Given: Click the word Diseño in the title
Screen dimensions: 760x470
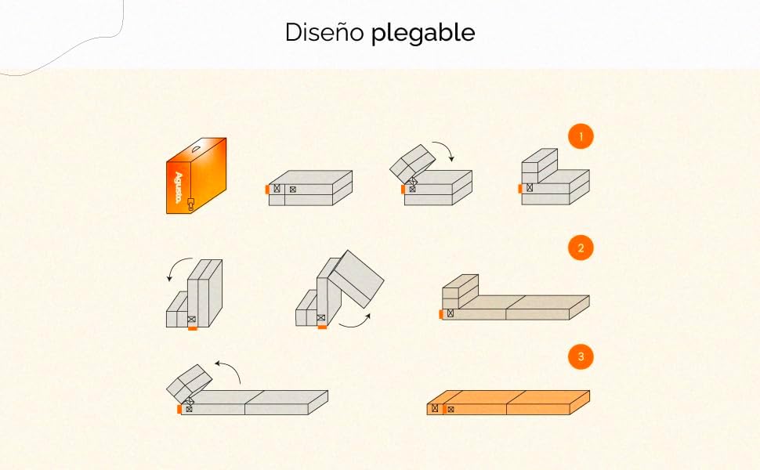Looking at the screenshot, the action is (324, 32).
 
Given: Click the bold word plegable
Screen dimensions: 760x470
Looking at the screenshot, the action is (423, 34).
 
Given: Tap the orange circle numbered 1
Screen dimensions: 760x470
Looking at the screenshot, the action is (581, 136).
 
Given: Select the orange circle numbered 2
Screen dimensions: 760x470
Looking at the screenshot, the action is (581, 248).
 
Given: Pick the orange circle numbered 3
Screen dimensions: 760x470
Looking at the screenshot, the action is (581, 356).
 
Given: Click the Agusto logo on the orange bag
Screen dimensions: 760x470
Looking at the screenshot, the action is (177, 187).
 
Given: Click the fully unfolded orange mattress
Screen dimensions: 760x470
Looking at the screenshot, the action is (508, 403).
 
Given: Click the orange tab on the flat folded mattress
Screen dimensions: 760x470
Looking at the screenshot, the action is (267, 189).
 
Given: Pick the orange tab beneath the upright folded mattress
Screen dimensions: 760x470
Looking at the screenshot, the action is (193, 328).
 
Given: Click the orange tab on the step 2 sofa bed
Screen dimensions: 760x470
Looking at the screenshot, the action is (441, 314).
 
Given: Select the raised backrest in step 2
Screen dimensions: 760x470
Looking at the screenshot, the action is (460, 291).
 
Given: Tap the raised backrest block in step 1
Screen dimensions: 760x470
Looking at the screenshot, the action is (539, 166).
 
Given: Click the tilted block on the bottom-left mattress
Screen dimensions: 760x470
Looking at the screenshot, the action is (190, 383).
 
